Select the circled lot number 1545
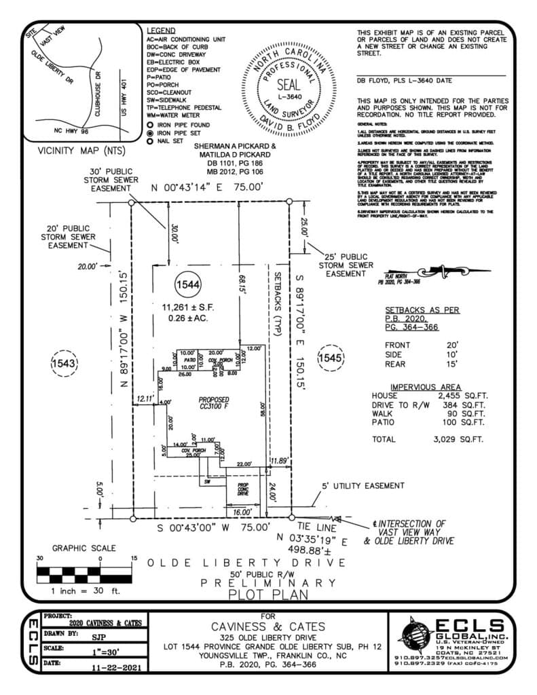[331, 357]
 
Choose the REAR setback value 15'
[452, 363]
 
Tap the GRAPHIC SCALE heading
[84, 548]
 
